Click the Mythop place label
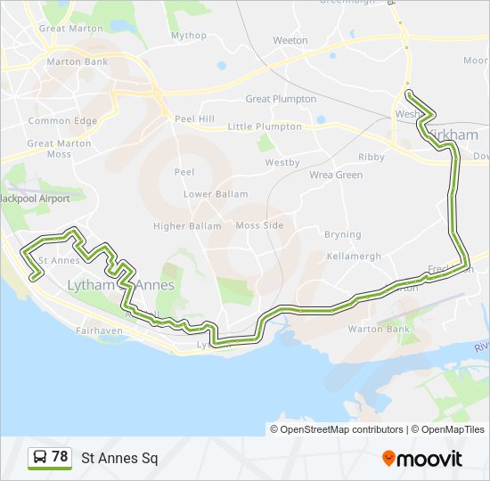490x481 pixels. [x=188, y=36]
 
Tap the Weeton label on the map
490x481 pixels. [x=290, y=40]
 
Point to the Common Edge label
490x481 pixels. [x=62, y=121]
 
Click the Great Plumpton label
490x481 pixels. [x=281, y=99]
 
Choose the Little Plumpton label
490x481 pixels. [x=265, y=126]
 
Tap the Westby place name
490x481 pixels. [x=282, y=162]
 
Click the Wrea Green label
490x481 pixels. [x=336, y=175]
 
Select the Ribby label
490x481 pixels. [x=371, y=157]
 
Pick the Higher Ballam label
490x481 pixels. [x=187, y=226]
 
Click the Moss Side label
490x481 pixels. [x=259, y=225]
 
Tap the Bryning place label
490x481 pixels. [x=343, y=234]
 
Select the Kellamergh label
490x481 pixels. [x=354, y=256]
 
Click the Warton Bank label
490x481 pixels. [x=386, y=329]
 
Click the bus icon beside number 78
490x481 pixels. [x=40, y=458]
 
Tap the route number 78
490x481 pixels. [x=60, y=457]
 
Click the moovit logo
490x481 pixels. [x=422, y=459]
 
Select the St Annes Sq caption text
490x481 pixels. [x=119, y=459]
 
